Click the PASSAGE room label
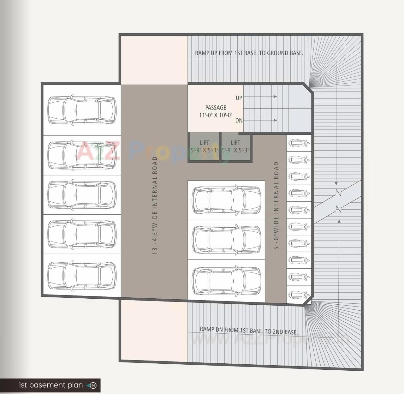(216, 108)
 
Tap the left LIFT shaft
(204, 147)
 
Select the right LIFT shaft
(235, 147)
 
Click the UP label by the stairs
(239, 98)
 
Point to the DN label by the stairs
(239, 120)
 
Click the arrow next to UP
(260, 97)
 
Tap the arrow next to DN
(260, 120)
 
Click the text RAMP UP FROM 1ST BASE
(249, 53)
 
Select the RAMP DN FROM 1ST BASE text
(249, 331)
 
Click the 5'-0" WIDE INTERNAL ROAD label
(276, 206)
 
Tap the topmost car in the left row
(81, 110)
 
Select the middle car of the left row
(81, 194)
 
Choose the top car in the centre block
(227, 200)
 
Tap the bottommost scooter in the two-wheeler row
(299, 295)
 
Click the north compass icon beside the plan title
(93, 385)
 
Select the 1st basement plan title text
(50, 385)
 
